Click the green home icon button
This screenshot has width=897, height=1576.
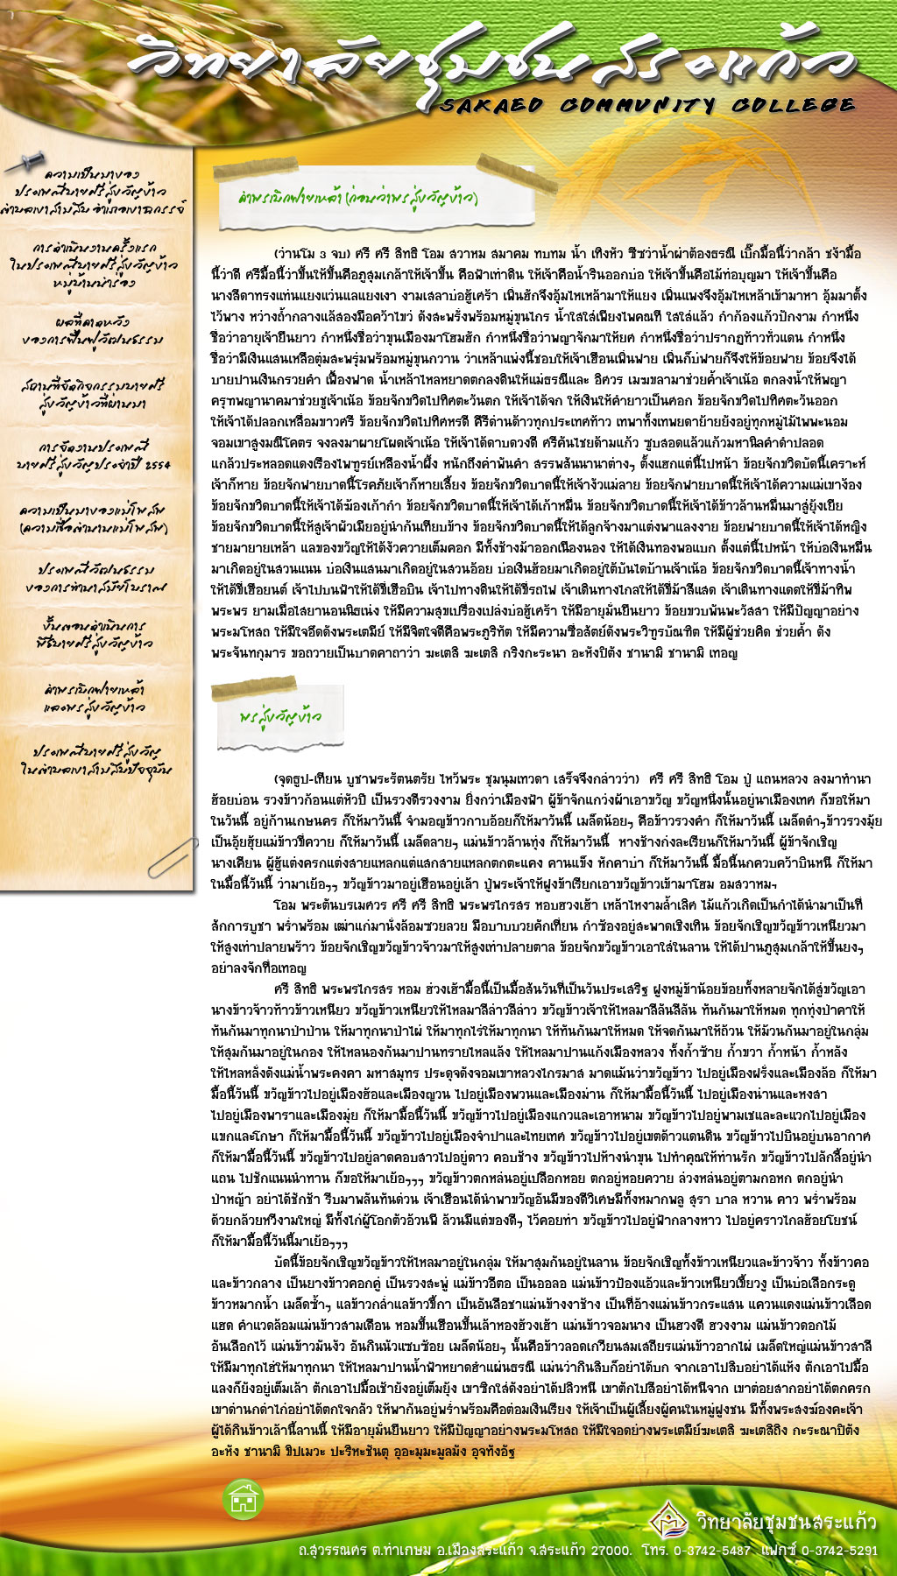(x=244, y=1499)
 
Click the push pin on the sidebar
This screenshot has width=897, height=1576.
(x=27, y=161)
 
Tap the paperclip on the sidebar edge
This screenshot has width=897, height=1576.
(x=172, y=857)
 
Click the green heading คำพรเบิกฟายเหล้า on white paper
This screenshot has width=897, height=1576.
(x=357, y=199)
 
